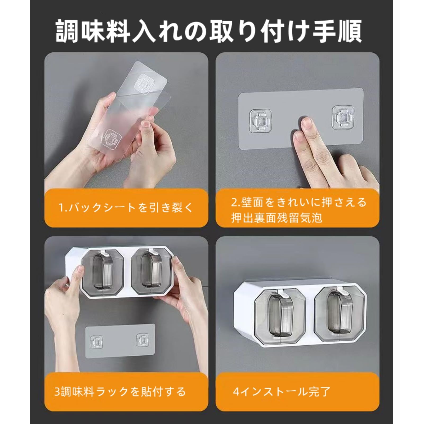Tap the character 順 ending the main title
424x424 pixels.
[x=349, y=31]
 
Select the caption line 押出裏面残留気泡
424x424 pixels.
[x=276, y=218]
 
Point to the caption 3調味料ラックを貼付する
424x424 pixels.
[x=120, y=391]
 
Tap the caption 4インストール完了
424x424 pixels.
[x=282, y=391]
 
